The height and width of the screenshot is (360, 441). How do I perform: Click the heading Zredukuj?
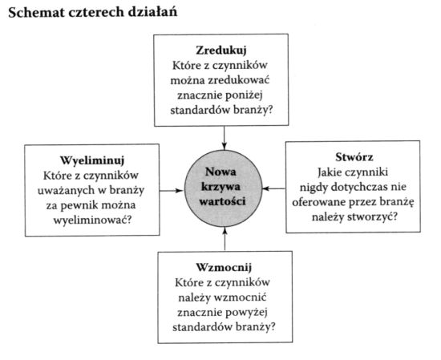point(221,51)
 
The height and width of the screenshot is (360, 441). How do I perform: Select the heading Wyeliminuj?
point(92,160)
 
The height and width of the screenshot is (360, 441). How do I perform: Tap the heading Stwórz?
point(354,157)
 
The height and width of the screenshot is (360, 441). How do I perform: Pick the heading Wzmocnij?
point(224,267)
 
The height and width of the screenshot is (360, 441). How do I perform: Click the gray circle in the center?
point(224,188)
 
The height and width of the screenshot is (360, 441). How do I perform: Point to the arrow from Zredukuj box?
point(225,138)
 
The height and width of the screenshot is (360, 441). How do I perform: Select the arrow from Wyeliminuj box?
point(172,191)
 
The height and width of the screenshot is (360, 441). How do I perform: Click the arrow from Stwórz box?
point(274,188)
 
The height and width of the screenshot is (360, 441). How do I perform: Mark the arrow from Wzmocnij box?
point(225,239)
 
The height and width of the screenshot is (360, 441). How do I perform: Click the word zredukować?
point(239,80)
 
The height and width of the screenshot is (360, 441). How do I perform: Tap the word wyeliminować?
point(92,220)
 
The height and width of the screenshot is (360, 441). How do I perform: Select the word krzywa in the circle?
point(221,187)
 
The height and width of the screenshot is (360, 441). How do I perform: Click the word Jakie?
point(328,172)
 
